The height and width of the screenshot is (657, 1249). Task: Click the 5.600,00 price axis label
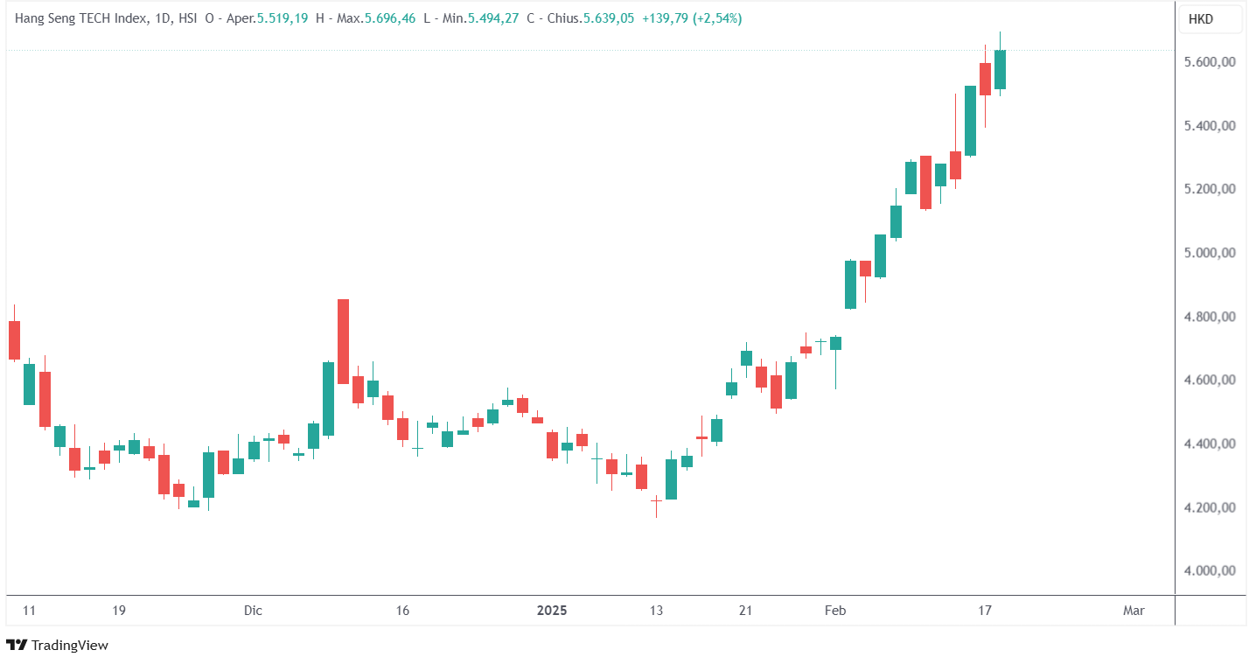[1209, 62]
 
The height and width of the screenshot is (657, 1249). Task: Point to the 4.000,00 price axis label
[1209, 571]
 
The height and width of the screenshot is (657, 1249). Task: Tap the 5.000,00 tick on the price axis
[1209, 254]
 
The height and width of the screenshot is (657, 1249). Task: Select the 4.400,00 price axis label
[1209, 444]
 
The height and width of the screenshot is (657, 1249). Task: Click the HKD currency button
[1200, 19]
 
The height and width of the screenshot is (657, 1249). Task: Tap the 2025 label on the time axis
[551, 611]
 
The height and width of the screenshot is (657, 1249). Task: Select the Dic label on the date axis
[253, 611]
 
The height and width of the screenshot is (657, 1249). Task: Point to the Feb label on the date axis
[836, 611]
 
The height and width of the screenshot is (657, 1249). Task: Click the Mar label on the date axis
[1134, 611]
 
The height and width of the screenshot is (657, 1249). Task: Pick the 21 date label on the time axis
[745, 611]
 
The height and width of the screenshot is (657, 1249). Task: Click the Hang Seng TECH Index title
[81, 18]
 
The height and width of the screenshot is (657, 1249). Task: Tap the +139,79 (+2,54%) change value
[691, 18]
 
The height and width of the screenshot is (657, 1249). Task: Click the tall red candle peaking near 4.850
[343, 341]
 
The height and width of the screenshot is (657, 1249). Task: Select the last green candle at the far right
[1000, 69]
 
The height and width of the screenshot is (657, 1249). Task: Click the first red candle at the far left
[14, 339]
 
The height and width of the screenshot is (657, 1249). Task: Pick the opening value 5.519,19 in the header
[282, 18]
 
